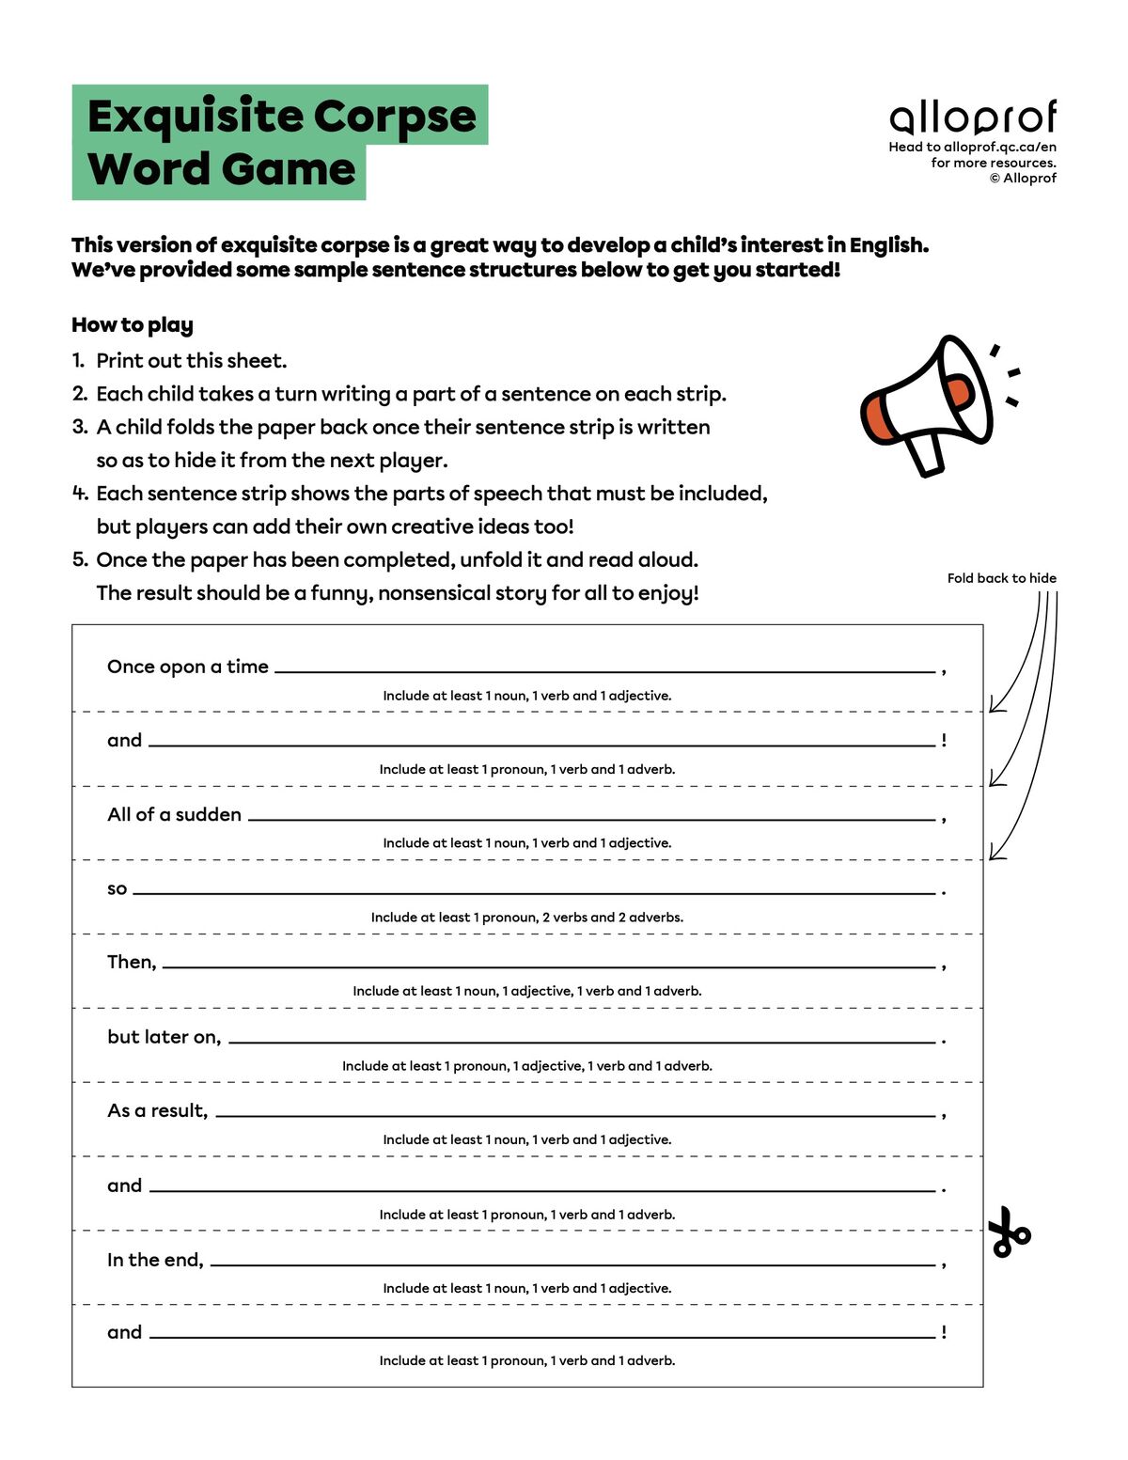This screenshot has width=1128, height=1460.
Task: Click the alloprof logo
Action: pyautogui.click(x=973, y=118)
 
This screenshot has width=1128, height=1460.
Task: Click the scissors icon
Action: pyautogui.click(x=1009, y=1232)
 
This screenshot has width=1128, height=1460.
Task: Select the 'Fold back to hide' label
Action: pyautogui.click(x=1001, y=578)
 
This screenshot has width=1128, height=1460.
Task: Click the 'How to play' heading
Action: pyautogui.click(x=133, y=325)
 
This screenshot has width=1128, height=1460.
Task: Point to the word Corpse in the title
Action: pyautogui.click(x=394, y=117)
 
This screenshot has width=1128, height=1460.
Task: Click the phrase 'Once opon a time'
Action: pyautogui.click(x=188, y=667)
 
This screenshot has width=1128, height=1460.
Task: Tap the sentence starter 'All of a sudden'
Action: pyautogui.click(x=174, y=814)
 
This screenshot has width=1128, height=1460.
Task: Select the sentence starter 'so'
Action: pyautogui.click(x=117, y=888)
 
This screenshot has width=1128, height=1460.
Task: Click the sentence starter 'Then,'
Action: pyautogui.click(x=132, y=962)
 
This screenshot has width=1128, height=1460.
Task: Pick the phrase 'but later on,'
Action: pyautogui.click(x=164, y=1037)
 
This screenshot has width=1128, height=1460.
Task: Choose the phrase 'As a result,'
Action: pyautogui.click(x=157, y=1110)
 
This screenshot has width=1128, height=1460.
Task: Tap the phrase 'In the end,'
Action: pyautogui.click(x=155, y=1260)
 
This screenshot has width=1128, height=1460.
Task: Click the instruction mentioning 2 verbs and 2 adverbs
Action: pyautogui.click(x=526, y=918)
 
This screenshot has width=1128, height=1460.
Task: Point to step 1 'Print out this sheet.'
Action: pyautogui.click(x=191, y=361)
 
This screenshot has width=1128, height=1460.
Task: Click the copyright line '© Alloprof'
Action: pyautogui.click(x=1023, y=179)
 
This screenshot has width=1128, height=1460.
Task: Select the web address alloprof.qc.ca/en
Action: pyautogui.click(x=999, y=147)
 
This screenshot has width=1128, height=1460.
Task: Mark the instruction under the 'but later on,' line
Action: pyautogui.click(x=526, y=1066)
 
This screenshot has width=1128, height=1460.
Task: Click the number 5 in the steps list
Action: pyautogui.click(x=79, y=559)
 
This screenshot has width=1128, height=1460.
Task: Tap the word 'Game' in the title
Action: pyautogui.click(x=290, y=170)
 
